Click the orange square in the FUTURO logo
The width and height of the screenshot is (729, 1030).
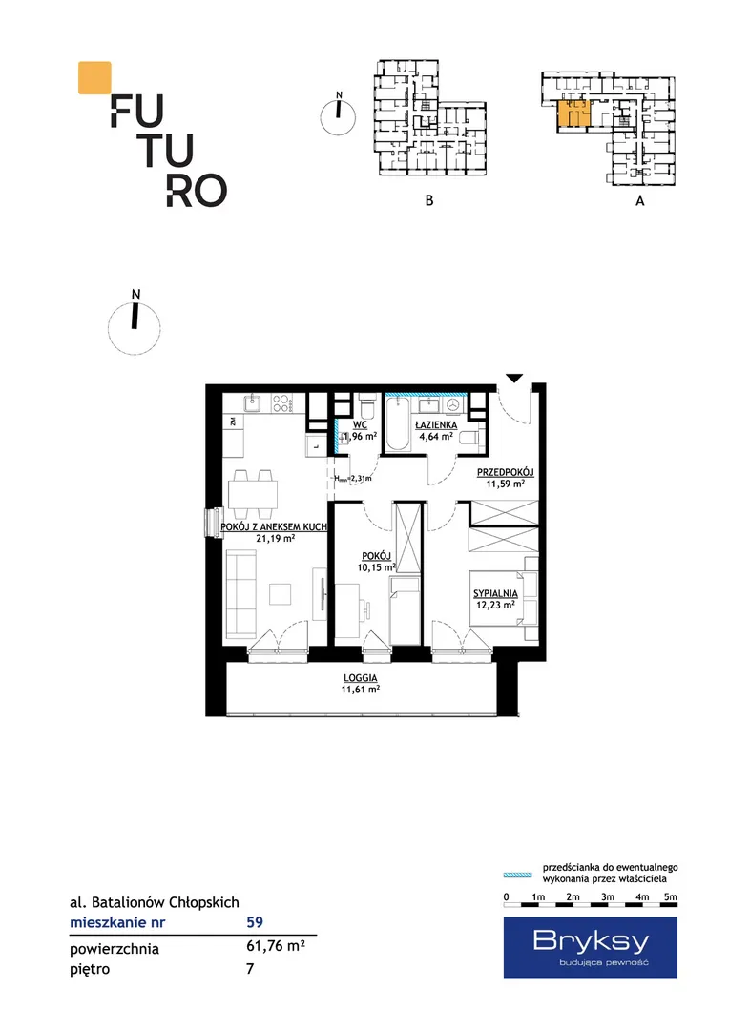94,77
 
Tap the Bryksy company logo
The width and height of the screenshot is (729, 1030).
591,947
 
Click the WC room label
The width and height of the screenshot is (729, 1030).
360,424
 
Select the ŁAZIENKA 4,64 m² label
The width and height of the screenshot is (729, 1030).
436,430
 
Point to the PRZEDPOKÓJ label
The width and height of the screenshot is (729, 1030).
505,472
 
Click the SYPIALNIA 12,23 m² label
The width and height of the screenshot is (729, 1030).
495,599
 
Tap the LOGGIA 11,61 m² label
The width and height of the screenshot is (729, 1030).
361,683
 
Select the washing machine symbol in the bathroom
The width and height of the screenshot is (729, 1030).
452,404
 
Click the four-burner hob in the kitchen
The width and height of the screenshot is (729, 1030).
281,402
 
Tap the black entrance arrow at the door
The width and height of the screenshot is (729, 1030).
514,378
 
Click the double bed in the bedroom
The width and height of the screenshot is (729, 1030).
504,598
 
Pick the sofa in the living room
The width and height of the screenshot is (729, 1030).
240,593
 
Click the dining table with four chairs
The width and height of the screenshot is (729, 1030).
253,494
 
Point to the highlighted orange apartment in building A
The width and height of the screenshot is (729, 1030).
573,113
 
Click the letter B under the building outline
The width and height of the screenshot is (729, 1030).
429,200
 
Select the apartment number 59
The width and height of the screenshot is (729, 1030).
255,921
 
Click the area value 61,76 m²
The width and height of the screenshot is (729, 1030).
276,946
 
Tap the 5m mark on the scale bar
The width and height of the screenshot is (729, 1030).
670,896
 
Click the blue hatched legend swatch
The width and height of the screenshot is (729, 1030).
517,875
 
